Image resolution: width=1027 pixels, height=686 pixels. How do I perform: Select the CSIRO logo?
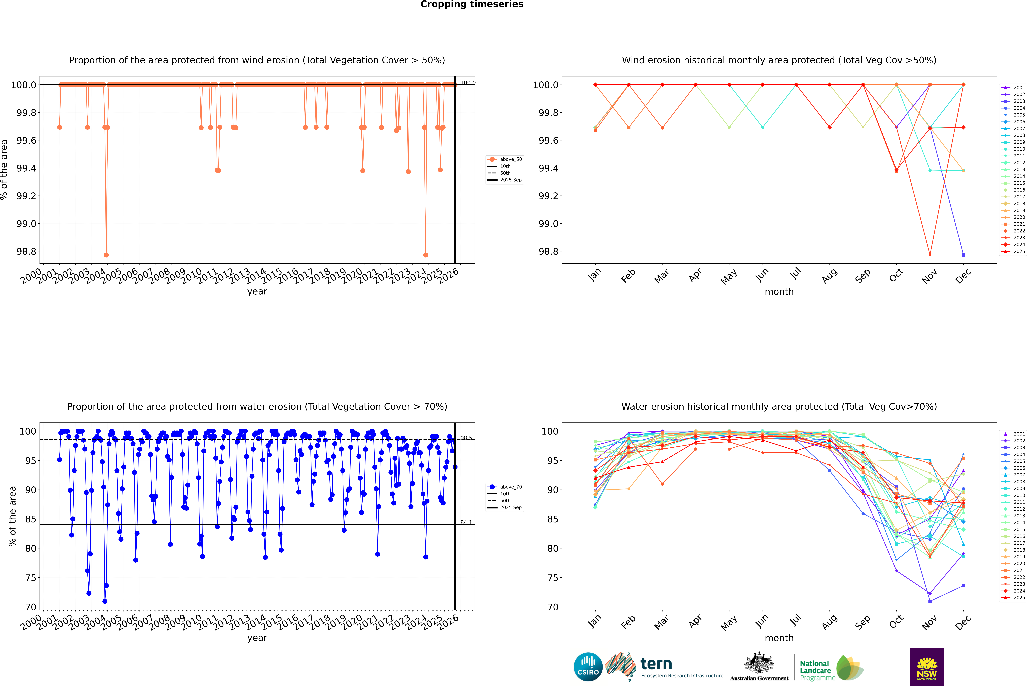(x=588, y=667)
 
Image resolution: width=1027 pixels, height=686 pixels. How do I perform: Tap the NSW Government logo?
(x=927, y=667)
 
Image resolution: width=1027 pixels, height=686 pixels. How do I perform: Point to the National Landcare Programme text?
(x=815, y=670)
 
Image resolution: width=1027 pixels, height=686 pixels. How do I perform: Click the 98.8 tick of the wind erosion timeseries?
(x=26, y=252)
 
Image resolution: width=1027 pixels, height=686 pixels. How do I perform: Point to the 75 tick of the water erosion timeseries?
(x=31, y=578)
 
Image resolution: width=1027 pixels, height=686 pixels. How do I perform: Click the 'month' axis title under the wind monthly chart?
(x=779, y=292)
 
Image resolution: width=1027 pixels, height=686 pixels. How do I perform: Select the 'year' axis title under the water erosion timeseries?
(x=257, y=638)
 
